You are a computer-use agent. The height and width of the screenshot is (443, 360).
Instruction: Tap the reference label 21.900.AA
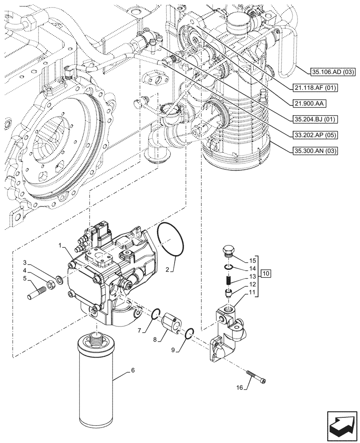tap(309, 103)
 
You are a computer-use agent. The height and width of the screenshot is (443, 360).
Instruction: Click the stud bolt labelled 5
tap(37, 293)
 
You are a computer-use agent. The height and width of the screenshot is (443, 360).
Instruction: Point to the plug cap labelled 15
tap(227, 251)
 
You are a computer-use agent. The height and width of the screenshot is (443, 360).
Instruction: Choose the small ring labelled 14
tap(228, 267)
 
